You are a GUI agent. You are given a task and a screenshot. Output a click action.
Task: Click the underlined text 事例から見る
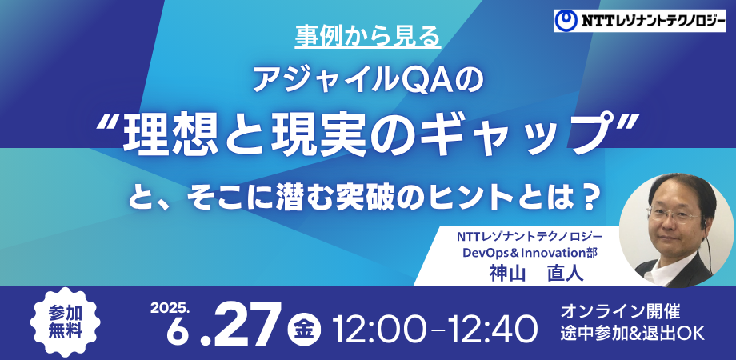(368, 36)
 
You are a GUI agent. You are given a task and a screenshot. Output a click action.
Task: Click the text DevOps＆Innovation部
(530, 253)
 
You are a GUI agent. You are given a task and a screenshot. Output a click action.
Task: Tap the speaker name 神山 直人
(536, 273)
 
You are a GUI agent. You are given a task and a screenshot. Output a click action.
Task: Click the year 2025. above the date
(170, 307)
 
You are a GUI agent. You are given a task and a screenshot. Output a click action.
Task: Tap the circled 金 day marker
(304, 326)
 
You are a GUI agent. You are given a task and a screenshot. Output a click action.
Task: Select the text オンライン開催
(620, 311)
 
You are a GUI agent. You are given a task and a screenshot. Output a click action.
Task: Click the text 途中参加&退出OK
(633, 334)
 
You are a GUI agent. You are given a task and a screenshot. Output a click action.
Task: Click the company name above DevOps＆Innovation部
(530, 238)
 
